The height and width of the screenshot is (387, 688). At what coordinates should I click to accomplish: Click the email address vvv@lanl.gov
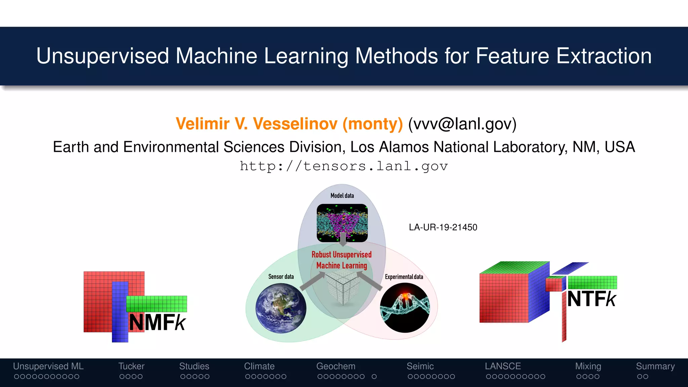coord(462,124)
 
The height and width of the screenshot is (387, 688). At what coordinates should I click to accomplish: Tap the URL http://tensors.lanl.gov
coord(344,166)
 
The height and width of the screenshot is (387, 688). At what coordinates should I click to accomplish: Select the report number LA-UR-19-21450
coord(443,227)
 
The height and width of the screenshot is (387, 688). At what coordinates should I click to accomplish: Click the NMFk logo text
coord(157,322)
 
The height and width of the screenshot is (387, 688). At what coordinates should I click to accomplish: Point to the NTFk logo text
coord(592,299)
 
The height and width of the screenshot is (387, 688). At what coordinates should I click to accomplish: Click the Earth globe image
coord(281,308)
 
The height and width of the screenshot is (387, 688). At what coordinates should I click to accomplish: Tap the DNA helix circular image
coord(405,308)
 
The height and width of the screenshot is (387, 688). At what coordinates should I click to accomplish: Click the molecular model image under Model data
coord(342,223)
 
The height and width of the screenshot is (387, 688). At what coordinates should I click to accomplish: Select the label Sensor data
coord(281,276)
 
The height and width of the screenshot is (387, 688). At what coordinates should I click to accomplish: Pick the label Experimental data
coord(404,277)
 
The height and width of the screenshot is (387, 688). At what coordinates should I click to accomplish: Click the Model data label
coord(342,196)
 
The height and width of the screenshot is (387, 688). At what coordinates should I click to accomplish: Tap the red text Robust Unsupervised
coord(341,255)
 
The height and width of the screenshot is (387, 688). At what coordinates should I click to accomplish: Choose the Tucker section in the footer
coord(131,366)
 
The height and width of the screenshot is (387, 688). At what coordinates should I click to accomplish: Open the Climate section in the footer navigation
coord(259,366)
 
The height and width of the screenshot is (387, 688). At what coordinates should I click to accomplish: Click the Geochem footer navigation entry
coord(336,366)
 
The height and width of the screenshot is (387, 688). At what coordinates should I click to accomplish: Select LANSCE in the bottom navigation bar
coord(503,366)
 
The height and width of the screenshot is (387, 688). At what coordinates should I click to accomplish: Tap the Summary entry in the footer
coord(655,366)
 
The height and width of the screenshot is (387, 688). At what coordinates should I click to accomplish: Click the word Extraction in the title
coord(604,56)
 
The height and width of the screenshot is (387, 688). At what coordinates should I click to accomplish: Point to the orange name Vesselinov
coord(295,124)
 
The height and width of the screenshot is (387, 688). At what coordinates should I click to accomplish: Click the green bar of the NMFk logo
coord(157,304)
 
